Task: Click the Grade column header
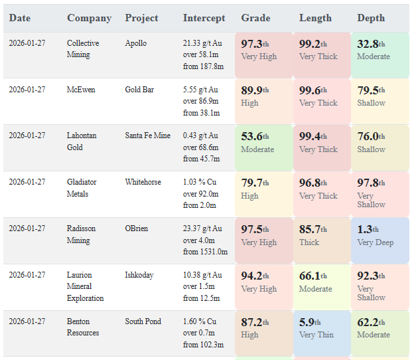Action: coord(255,18)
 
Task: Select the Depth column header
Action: coord(371,18)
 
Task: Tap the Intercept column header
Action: coord(204,18)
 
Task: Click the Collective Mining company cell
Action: coord(83,48)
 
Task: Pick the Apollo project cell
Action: coord(136,43)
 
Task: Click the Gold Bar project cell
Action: coord(139,90)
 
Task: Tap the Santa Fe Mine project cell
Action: coord(148,135)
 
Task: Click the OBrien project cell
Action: coord(137,228)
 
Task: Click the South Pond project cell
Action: coord(143,321)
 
